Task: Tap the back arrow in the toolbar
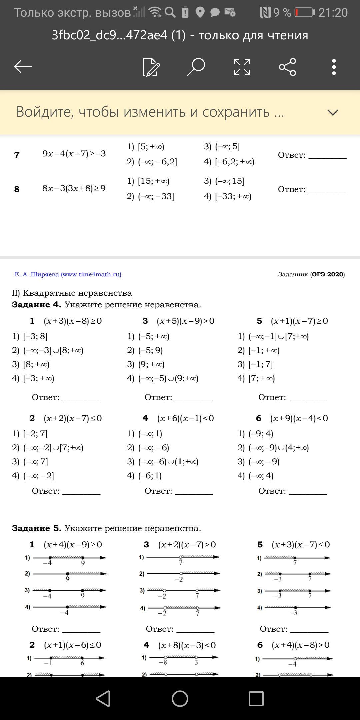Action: (23, 67)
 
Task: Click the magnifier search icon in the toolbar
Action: (196, 67)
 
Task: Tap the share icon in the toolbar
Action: (287, 67)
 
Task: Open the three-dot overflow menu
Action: (334, 67)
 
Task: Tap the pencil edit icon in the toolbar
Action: (151, 67)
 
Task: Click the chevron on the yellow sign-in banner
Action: (333, 112)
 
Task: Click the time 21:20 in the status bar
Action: (333, 13)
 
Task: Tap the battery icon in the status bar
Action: (304, 12)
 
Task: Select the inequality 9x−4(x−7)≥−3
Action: (74, 154)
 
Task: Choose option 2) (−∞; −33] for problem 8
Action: (150, 196)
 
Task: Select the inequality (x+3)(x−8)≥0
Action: (73, 321)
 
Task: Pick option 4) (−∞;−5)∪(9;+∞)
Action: (163, 378)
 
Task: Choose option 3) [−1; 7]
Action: (255, 364)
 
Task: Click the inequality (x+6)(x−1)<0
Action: (185, 418)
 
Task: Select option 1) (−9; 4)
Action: (256, 434)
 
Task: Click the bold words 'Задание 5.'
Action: (37, 528)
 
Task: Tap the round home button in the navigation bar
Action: (180, 698)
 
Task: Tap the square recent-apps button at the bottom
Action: (256, 698)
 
